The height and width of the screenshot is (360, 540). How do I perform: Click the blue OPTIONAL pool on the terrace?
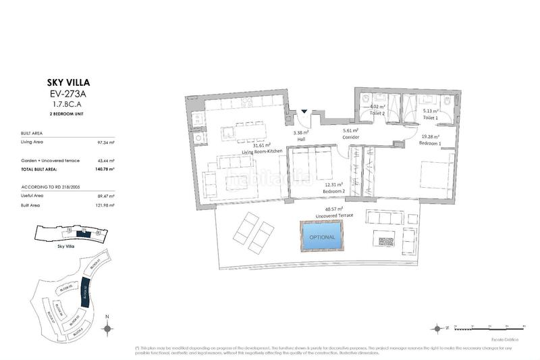[321, 236]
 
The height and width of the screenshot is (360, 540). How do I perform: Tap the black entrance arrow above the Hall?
[304, 111]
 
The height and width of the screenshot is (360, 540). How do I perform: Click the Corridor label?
[350, 137]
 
